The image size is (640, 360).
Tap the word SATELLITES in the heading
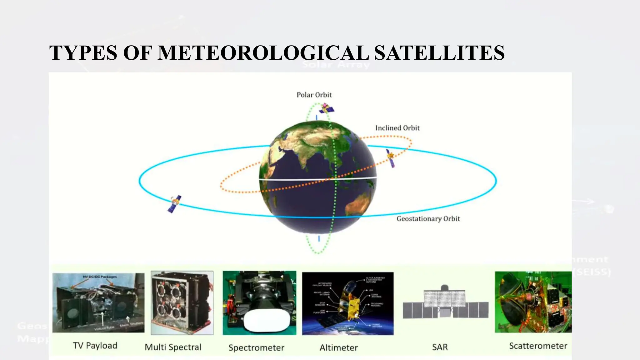439,52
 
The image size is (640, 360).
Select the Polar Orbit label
314,95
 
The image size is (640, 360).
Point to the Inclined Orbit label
397,128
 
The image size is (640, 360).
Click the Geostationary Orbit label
428,219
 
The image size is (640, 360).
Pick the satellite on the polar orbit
326,109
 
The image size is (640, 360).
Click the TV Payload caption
95,346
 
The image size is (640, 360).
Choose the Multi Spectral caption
173,347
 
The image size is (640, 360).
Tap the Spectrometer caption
256,347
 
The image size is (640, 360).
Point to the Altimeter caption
338,347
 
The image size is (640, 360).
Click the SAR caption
440,347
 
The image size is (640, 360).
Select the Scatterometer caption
538,346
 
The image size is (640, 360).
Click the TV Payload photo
98,302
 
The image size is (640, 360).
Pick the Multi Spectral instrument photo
182,302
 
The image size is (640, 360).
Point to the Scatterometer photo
533,302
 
